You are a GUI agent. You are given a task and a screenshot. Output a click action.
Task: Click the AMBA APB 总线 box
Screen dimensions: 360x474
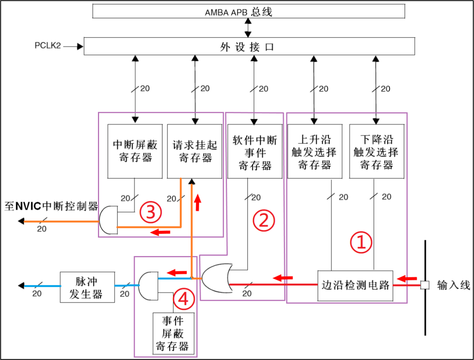248,12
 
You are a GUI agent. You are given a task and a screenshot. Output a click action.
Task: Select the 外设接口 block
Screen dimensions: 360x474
249,47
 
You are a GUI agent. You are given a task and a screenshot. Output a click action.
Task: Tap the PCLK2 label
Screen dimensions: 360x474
48,46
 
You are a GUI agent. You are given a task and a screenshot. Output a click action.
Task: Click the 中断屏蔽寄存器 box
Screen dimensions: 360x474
135,151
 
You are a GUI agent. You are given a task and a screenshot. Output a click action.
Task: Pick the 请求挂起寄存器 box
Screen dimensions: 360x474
195,151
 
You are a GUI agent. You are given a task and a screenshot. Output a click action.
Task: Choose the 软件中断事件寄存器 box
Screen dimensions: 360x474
255,151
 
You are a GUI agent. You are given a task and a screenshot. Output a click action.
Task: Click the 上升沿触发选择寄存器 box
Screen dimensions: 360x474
314,151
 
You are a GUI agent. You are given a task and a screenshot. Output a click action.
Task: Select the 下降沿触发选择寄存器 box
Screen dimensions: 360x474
376,151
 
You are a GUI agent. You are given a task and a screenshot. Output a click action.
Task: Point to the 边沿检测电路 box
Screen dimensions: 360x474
355,285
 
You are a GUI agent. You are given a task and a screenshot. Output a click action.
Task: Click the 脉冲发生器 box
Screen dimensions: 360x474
87,287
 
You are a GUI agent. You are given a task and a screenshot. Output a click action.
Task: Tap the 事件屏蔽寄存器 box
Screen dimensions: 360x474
173,333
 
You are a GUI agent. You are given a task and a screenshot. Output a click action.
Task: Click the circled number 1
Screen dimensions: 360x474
361,242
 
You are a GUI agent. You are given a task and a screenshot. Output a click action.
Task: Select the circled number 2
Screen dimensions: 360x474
264,220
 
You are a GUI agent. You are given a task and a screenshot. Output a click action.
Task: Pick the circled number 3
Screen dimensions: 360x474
150,212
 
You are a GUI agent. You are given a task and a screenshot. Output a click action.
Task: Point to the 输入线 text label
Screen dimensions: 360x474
453,285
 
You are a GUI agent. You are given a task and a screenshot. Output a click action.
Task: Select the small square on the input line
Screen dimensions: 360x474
425,285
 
